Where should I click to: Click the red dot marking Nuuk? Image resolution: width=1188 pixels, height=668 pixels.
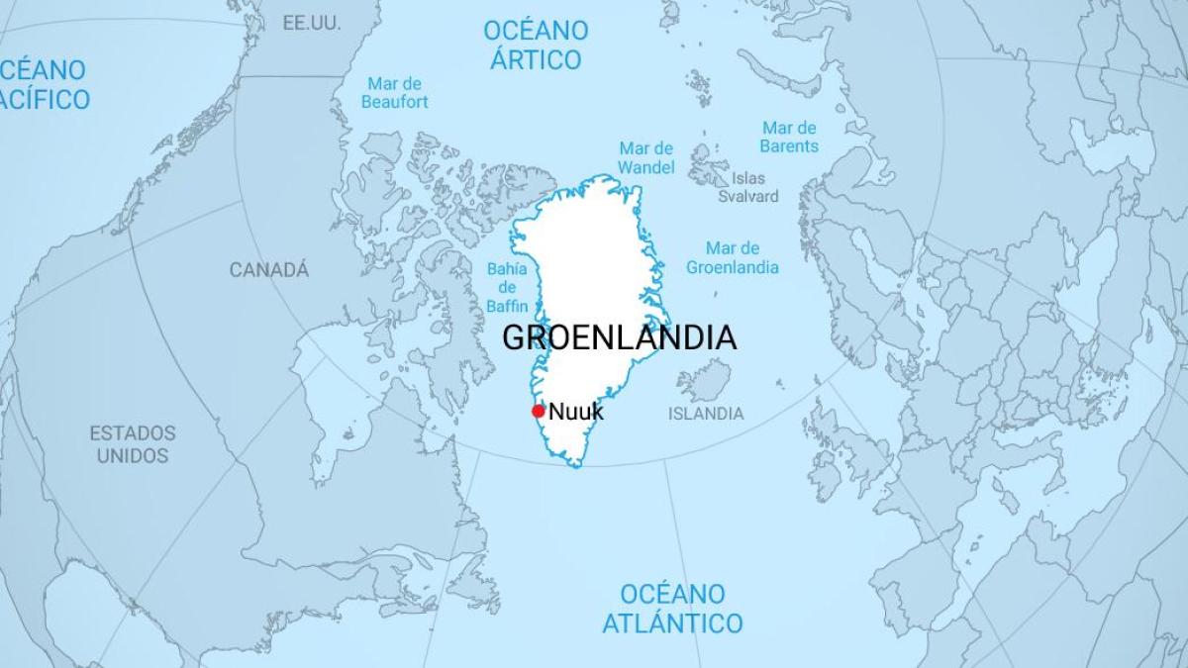(x=538, y=412)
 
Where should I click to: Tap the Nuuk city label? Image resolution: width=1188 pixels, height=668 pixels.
(x=575, y=412)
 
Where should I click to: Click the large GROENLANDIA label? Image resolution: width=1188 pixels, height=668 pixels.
(x=619, y=337)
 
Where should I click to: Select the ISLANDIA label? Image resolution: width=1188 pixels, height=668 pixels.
(x=706, y=414)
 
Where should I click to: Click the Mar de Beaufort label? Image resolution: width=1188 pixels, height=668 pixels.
(x=394, y=93)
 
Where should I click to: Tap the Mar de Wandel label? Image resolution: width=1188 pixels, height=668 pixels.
(x=646, y=157)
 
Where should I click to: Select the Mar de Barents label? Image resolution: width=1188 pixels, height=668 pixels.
(x=789, y=137)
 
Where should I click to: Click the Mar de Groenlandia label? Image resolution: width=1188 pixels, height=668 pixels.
(x=733, y=257)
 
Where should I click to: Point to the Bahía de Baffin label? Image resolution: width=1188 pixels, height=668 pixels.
(x=507, y=287)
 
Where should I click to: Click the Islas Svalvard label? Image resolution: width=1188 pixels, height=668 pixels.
(x=748, y=187)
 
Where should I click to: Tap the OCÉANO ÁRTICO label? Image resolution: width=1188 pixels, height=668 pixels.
(x=535, y=45)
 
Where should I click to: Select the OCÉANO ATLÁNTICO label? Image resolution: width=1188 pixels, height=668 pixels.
(x=672, y=609)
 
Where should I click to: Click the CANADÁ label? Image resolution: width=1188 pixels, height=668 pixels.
(x=269, y=269)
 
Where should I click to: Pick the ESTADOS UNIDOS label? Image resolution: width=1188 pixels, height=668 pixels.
(x=133, y=444)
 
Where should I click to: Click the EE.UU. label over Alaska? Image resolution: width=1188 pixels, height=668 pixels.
(x=311, y=23)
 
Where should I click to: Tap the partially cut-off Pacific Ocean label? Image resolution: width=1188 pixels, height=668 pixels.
(x=45, y=84)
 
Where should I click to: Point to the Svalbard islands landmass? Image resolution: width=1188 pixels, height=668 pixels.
(x=708, y=163)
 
